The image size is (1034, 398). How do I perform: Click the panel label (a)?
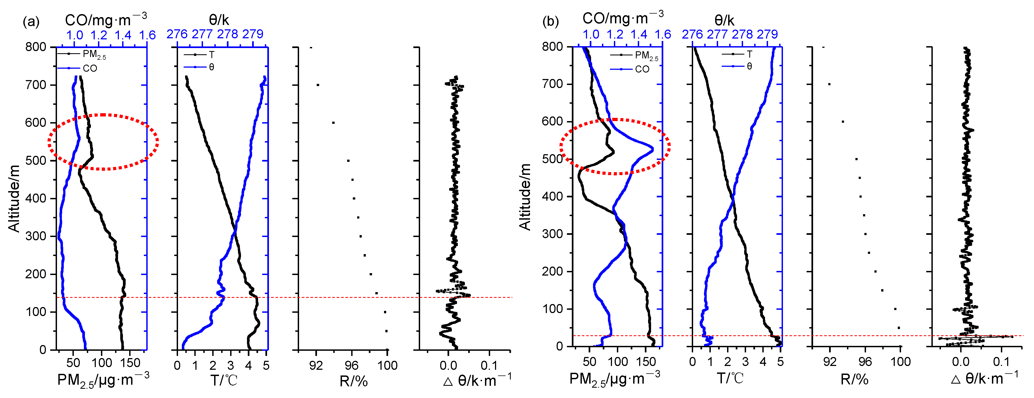[x=31, y=21]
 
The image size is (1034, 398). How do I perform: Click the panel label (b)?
[x=550, y=21]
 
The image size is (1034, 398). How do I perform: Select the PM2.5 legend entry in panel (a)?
[x=94, y=54]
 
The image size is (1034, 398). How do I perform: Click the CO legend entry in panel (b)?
[x=642, y=69]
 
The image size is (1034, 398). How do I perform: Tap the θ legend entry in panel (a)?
[x=211, y=67]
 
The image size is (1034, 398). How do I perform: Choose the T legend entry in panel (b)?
[x=749, y=54]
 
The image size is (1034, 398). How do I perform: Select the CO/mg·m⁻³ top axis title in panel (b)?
[x=623, y=18]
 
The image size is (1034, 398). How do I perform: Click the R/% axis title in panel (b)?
[x=854, y=380]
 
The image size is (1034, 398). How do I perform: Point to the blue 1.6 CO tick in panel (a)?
[x=147, y=35]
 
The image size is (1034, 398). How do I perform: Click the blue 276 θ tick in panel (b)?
[x=692, y=34]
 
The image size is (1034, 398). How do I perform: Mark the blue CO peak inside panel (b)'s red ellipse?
[x=652, y=149]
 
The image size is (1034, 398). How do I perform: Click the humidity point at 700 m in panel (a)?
[x=318, y=85]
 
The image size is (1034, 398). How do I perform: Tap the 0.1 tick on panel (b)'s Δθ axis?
[x=1001, y=362]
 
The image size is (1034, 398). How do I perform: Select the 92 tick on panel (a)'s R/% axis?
[x=316, y=365]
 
